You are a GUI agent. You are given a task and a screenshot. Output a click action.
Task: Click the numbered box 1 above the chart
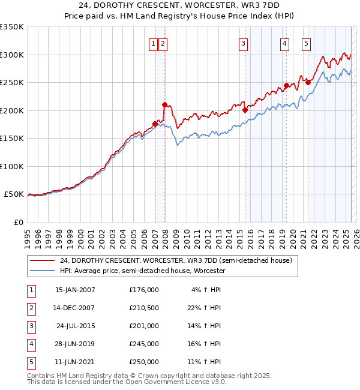(154, 43)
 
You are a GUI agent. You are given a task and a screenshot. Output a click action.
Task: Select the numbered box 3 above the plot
(243, 43)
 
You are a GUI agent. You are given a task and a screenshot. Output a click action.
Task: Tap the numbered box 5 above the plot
(306, 43)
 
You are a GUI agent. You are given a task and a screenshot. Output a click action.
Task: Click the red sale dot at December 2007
(164, 104)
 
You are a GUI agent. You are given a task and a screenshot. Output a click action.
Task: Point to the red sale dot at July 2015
(245, 110)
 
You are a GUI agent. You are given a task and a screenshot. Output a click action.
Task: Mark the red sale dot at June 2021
(308, 83)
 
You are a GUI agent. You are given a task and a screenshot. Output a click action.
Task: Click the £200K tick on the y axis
(12, 110)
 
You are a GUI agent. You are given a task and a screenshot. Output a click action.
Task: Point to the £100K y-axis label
(12, 166)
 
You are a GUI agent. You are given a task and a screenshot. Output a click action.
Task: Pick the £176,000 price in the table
(144, 290)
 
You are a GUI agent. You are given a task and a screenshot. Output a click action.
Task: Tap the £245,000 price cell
(144, 344)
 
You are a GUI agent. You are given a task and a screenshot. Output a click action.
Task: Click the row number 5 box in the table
(31, 362)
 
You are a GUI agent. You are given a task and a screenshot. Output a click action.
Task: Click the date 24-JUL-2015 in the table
(75, 326)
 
